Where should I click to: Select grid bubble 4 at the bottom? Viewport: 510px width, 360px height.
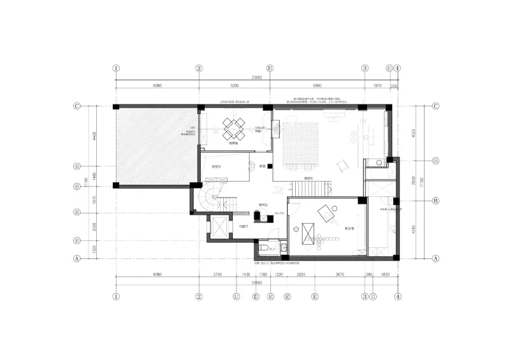(x=397, y=296)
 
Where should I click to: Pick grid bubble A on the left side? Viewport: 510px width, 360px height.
(x=76, y=259)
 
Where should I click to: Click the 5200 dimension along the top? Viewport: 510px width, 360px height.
(x=233, y=85)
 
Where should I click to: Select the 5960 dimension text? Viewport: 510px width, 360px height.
(x=317, y=85)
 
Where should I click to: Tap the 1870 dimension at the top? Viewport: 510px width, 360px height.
(x=377, y=85)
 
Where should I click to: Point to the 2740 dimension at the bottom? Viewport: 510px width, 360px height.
(x=217, y=275)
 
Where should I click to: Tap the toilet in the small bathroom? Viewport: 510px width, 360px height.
(x=261, y=247)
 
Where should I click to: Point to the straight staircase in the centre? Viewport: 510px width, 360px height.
(x=310, y=188)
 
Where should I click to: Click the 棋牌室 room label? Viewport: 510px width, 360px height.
(x=233, y=144)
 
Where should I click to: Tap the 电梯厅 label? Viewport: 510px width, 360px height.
(x=242, y=226)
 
